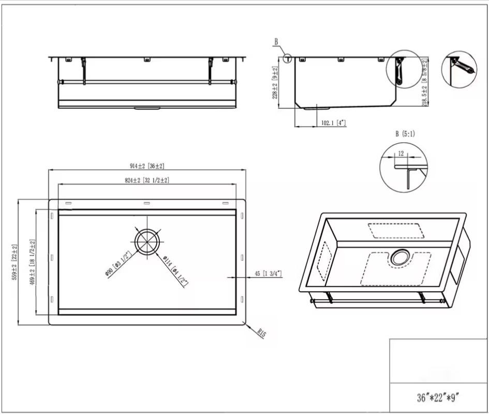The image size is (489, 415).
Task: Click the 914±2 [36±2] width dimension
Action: coord(147,166)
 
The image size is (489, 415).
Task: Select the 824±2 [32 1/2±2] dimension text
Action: coord(147,181)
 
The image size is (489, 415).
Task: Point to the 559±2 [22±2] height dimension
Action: coord(15,262)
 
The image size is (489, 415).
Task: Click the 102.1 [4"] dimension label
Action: coord(333,123)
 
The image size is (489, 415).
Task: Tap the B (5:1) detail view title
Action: coord(405,134)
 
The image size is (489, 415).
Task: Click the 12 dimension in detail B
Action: coord(401,153)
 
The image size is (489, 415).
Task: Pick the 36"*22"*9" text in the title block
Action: coord(438,398)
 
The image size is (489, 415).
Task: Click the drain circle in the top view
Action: coord(147,241)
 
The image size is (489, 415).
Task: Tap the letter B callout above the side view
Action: coord(276,41)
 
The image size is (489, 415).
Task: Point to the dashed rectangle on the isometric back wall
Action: coord(395,230)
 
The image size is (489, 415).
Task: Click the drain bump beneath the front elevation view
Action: coord(148,109)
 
